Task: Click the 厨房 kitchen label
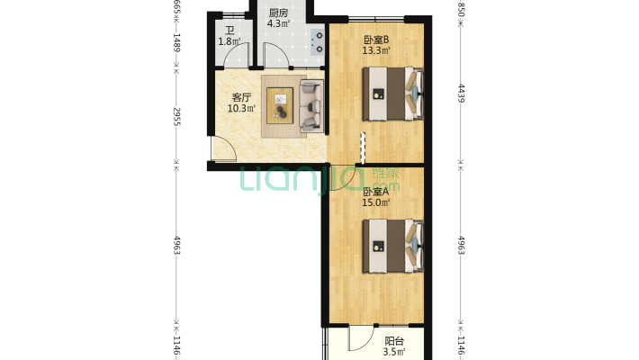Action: tap(278, 13)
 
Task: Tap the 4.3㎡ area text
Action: tap(278, 24)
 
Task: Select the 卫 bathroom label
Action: tap(229, 30)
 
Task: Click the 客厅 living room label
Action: tap(241, 97)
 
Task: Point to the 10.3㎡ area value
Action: tap(241, 109)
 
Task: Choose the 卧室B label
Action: tap(375, 40)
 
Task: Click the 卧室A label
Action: tap(375, 192)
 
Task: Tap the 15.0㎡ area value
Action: tap(375, 203)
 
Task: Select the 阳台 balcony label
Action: tap(393, 341)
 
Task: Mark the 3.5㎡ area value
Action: tap(393, 352)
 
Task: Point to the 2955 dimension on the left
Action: tap(177, 116)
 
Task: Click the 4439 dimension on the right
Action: tap(461, 94)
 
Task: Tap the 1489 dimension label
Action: tap(177, 43)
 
